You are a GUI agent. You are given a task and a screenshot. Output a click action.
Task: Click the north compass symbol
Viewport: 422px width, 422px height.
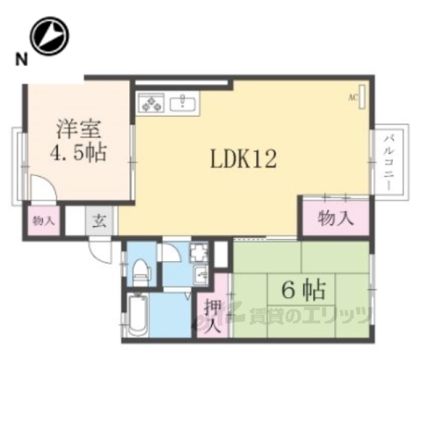click(48, 36)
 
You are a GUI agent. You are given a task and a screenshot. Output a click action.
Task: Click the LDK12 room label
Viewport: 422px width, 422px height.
click(244, 159)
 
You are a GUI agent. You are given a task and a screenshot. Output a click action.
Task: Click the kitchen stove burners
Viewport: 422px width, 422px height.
click(150, 103)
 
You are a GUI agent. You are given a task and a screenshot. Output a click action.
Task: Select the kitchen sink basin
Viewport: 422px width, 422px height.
click(186, 102)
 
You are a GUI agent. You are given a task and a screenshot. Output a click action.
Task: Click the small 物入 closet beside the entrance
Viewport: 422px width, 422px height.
click(41, 220)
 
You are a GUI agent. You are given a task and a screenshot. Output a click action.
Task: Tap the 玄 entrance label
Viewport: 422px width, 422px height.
click(100, 220)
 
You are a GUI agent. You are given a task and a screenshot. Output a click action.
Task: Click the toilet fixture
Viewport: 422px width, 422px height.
click(139, 270)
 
